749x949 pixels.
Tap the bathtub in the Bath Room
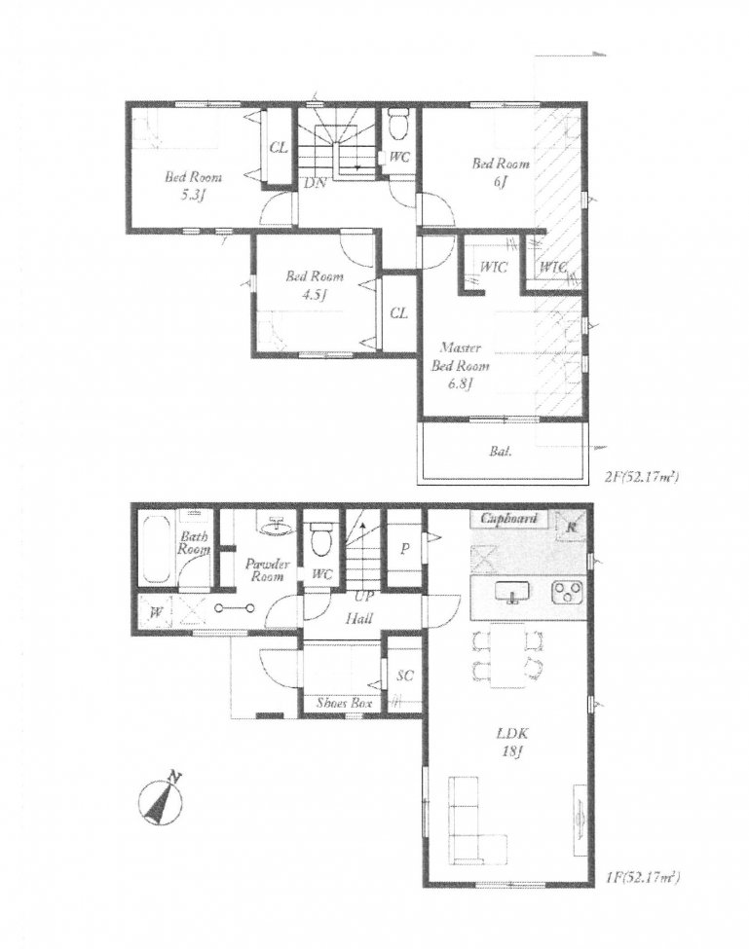(157, 550)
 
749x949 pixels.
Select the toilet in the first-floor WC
(319, 538)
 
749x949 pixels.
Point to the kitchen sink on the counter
(510, 593)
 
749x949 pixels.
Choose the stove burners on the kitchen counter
(567, 593)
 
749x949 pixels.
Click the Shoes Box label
(339, 701)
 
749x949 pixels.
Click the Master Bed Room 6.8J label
(462, 366)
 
